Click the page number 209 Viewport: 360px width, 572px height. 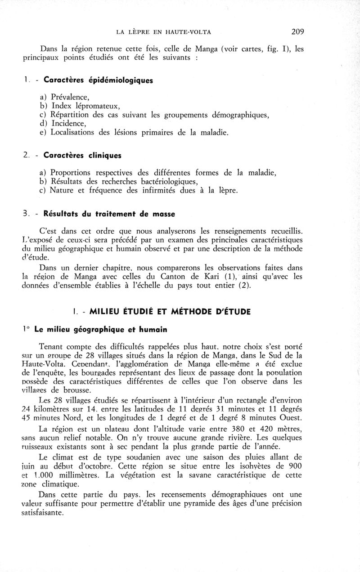(x=298, y=31)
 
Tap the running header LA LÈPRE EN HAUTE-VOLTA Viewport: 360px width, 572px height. (x=164, y=32)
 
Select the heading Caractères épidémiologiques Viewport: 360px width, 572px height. (x=98, y=80)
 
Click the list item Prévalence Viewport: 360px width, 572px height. (x=70, y=97)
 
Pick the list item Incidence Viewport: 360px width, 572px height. (x=68, y=123)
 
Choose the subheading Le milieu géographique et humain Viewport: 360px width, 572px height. (x=100, y=329)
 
